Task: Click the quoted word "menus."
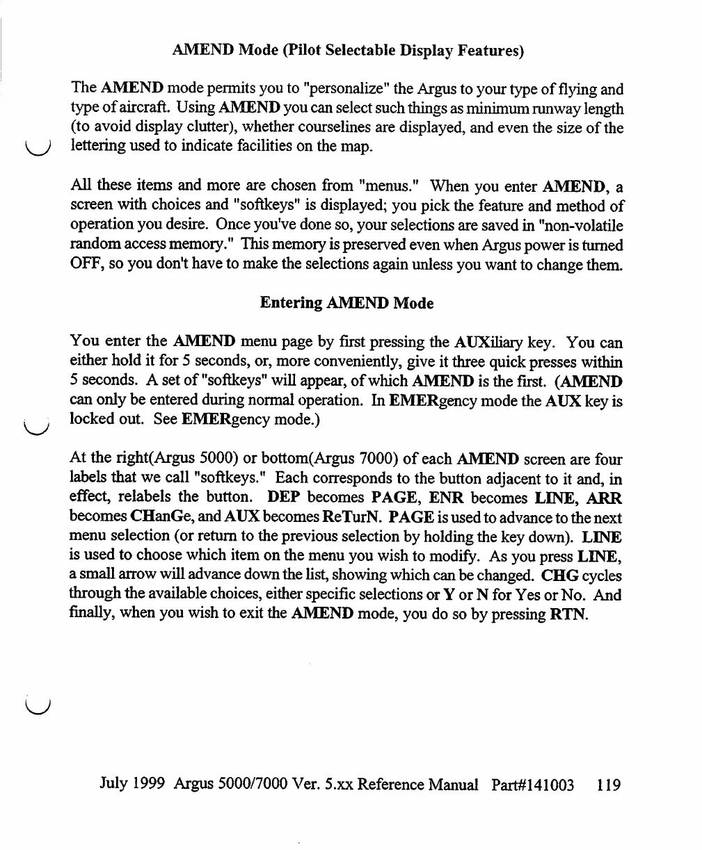[x=389, y=186]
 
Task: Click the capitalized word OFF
[x=86, y=265]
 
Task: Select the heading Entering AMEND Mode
[x=346, y=304]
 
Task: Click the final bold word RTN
[x=573, y=614]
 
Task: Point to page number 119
[x=608, y=785]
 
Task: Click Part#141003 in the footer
[x=533, y=785]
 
